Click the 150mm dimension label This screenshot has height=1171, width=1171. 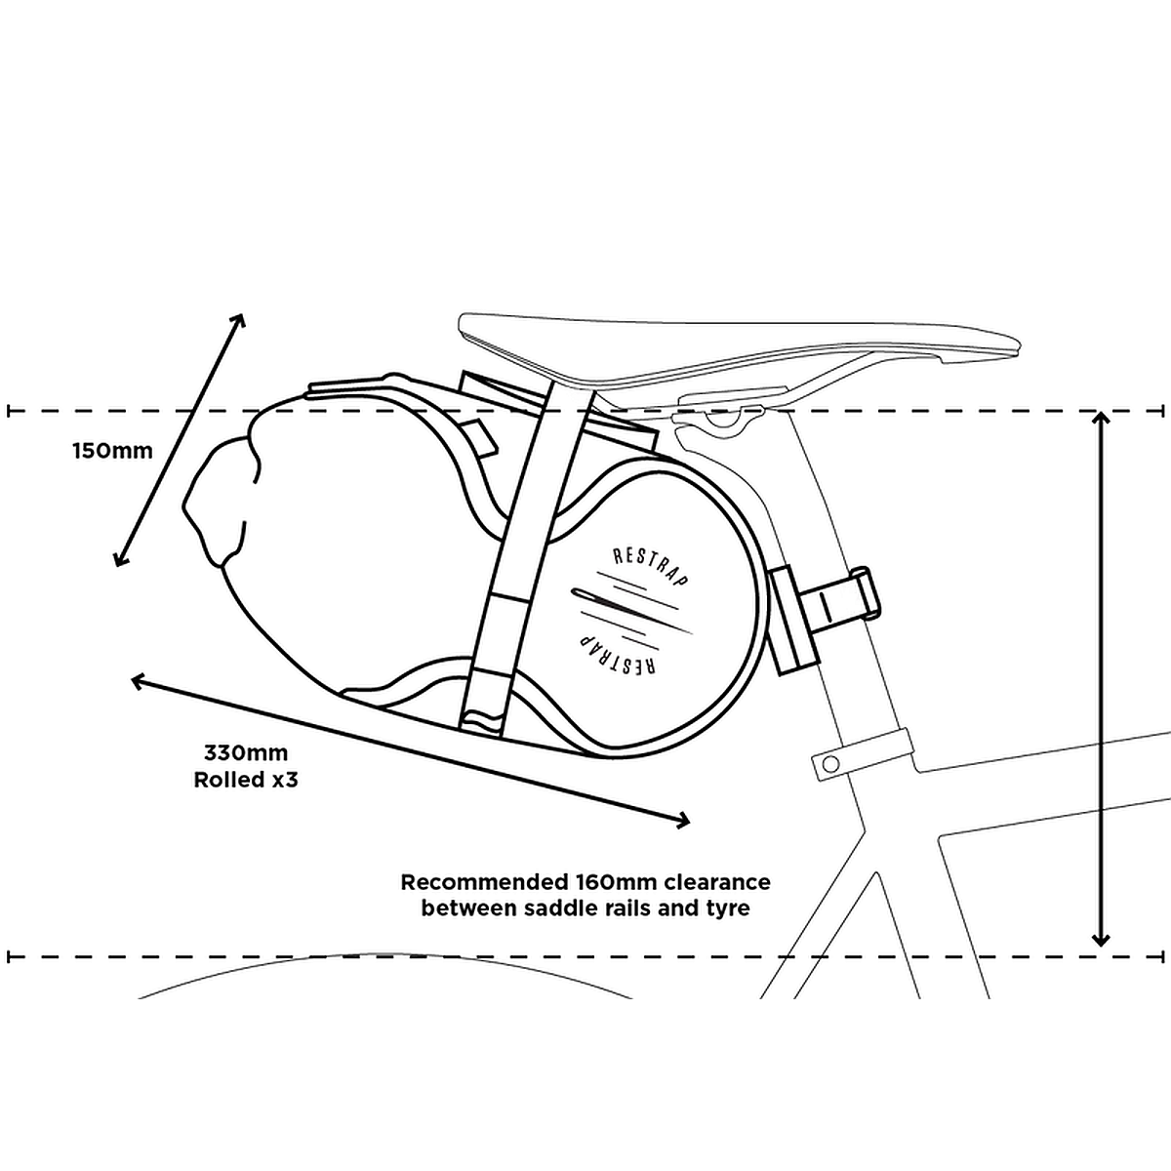(x=112, y=451)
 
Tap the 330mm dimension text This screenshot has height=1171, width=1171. (x=246, y=753)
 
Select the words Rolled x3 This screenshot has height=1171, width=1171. (x=245, y=781)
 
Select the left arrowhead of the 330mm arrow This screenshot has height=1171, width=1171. (x=138, y=680)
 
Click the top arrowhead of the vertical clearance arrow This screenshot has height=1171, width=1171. (x=1101, y=418)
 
